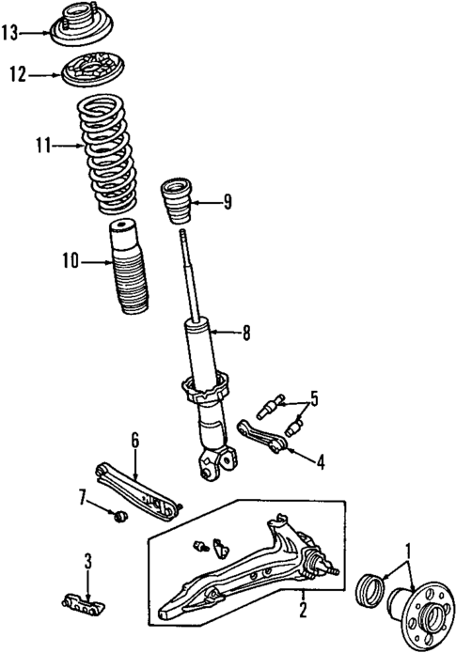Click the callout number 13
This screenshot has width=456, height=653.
click(10, 34)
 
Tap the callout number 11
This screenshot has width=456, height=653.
click(40, 146)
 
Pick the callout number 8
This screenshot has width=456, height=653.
click(247, 331)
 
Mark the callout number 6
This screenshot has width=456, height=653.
click(134, 439)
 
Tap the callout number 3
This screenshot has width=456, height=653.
click(87, 563)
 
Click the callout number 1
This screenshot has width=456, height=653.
click(407, 548)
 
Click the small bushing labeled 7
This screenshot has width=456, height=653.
click(119, 516)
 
